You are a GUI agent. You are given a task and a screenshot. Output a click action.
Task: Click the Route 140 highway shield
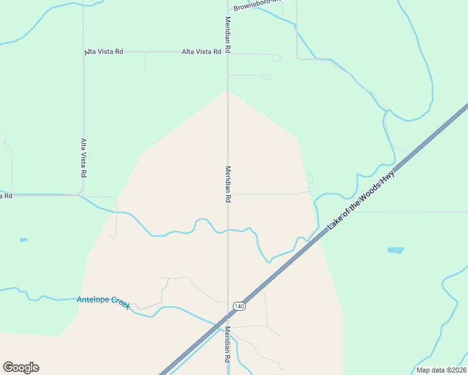tap(238, 306)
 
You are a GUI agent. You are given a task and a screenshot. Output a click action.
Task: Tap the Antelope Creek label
tap(103, 301)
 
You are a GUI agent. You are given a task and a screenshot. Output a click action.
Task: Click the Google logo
tap(21, 367)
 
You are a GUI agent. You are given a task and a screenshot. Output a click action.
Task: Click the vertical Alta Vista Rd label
tap(83, 156)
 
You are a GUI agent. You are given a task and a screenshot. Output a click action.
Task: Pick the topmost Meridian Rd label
tap(228, 34)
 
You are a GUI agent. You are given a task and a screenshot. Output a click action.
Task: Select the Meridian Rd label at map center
tap(228, 184)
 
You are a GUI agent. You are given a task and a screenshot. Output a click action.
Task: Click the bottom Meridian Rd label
tap(228, 344)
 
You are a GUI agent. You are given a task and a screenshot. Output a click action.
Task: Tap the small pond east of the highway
tap(396, 251)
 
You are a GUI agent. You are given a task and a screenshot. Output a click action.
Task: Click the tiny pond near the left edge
tap(24, 239)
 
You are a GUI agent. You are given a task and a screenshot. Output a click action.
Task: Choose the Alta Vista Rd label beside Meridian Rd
tap(201, 52)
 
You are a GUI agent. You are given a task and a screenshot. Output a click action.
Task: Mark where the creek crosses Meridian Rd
tap(228, 230)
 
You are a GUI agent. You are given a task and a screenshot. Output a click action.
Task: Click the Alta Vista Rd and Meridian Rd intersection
tap(228, 52)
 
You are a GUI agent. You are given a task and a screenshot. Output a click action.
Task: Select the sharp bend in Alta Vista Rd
tap(80, 194)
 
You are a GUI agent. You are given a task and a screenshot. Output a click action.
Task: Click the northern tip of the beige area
tap(228, 91)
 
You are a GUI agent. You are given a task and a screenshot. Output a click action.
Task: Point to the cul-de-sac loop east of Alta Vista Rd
tap(276, 57)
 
